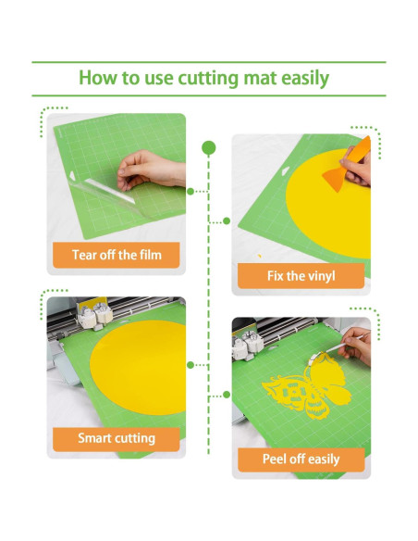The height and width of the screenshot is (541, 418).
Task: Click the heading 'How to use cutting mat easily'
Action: (x=203, y=78)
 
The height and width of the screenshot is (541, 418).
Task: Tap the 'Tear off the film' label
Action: (x=116, y=254)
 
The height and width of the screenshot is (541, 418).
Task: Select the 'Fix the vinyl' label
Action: (x=301, y=275)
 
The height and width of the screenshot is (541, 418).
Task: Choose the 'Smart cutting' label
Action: (x=116, y=438)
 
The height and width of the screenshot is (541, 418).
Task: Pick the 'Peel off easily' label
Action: (x=301, y=459)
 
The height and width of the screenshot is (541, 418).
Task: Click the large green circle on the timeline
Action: (x=209, y=146)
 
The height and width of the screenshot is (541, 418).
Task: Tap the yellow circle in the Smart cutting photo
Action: (x=139, y=371)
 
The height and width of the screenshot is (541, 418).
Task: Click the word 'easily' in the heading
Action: (x=301, y=78)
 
